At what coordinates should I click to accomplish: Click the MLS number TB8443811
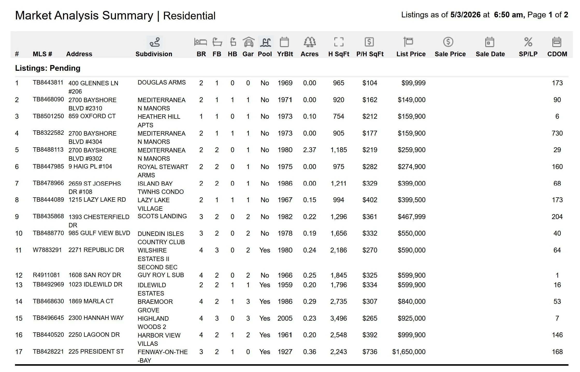tap(48, 82)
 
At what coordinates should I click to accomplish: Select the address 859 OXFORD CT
tap(92, 116)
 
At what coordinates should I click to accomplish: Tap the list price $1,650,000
tap(409, 352)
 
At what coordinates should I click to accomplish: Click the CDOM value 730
tap(557, 133)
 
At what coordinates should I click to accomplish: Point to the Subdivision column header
tap(154, 54)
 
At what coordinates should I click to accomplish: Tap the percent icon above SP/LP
tap(528, 42)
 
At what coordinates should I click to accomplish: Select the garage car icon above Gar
tap(248, 42)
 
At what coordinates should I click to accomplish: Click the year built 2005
tap(285, 318)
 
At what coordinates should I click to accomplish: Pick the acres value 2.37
tap(309, 150)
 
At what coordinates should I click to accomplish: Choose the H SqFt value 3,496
tap(338, 318)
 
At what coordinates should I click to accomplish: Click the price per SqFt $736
tap(370, 352)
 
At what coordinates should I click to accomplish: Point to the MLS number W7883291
tap(47, 250)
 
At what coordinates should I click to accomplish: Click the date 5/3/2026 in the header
tap(465, 15)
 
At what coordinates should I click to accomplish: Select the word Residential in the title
tap(189, 16)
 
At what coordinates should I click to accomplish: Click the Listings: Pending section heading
tap(48, 68)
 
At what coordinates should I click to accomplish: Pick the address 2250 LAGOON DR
tap(94, 335)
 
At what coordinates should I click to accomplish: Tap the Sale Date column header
tap(490, 54)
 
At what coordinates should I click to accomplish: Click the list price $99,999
tap(414, 83)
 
